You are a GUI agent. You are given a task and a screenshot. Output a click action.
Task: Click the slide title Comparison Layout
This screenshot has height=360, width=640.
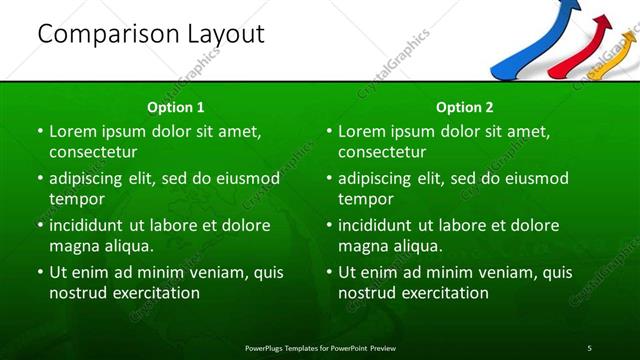(x=150, y=34)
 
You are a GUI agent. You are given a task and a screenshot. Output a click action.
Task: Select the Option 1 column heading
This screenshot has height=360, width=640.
(x=176, y=107)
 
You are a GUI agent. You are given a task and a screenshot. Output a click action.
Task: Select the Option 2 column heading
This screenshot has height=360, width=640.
(x=465, y=107)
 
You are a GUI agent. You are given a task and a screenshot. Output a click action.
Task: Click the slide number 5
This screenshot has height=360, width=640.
(x=589, y=347)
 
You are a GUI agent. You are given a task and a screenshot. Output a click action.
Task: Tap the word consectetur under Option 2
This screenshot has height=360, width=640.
(x=382, y=153)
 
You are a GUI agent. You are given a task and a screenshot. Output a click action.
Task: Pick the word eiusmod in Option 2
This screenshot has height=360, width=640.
(x=536, y=179)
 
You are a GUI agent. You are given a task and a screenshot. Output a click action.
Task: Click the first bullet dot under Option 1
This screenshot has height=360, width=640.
(x=40, y=132)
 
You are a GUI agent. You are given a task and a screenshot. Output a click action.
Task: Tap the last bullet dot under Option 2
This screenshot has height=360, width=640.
(x=330, y=272)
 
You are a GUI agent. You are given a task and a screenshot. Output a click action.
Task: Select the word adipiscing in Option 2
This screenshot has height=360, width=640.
(x=376, y=179)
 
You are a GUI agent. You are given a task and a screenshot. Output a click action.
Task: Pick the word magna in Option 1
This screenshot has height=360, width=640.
(x=73, y=246)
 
